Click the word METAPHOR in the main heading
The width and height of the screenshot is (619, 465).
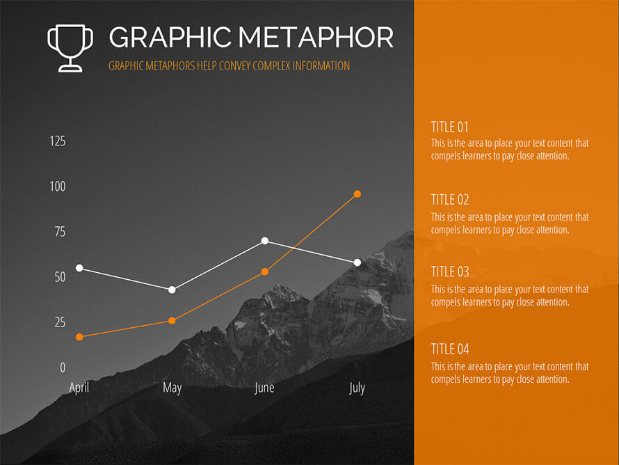316,38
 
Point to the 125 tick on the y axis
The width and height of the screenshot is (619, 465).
58,141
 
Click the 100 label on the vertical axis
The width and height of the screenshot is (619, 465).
58,187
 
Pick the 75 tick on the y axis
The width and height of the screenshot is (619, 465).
60,232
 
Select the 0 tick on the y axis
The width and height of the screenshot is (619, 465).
63,368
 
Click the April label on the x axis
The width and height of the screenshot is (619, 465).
79,388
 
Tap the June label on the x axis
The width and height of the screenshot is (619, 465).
264,388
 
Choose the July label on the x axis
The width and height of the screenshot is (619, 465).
357,388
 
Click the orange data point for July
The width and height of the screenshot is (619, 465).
357,194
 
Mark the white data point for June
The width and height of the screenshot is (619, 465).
265,241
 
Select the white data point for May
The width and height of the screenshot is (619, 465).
172,290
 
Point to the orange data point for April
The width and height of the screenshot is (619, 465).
79,337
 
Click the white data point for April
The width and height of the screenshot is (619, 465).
79,268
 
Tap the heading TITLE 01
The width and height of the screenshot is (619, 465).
449,127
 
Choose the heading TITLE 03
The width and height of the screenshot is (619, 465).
450,271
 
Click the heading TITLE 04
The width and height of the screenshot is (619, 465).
450,349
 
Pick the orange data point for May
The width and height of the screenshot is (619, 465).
172,321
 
